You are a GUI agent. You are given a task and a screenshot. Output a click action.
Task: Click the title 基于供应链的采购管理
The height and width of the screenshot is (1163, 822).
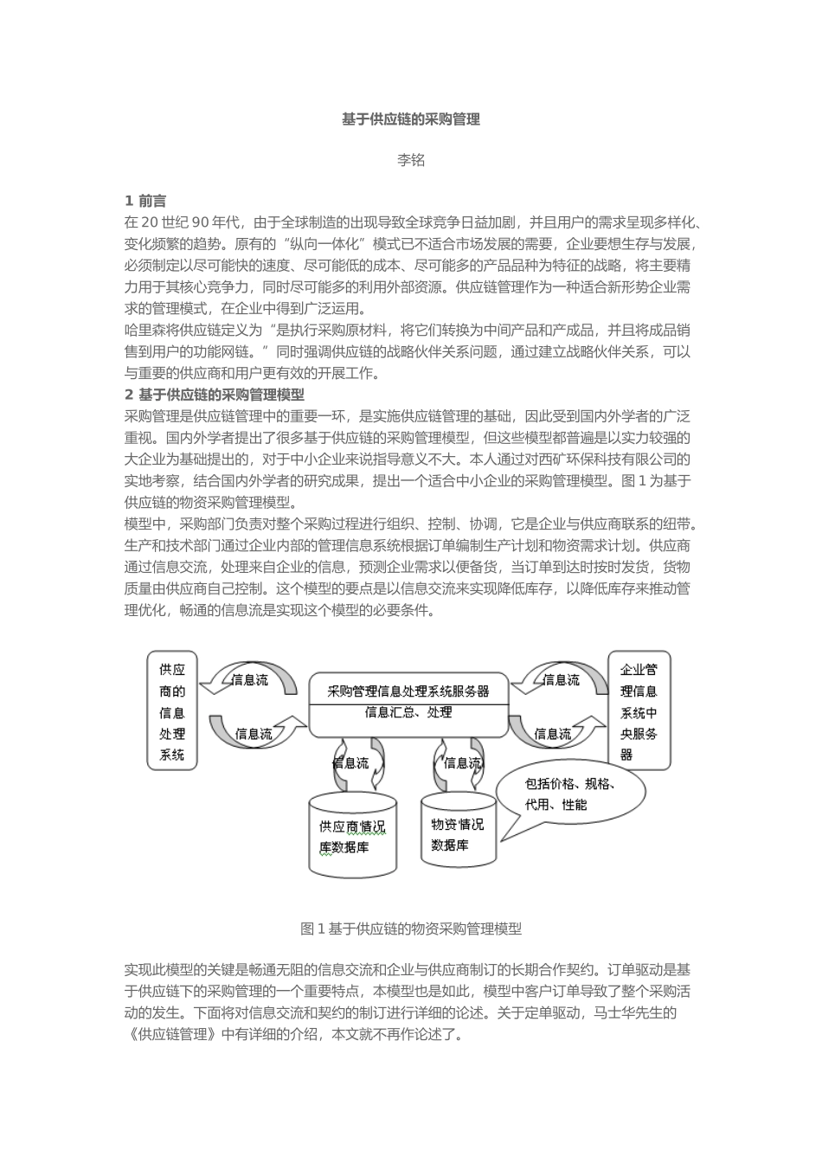410,119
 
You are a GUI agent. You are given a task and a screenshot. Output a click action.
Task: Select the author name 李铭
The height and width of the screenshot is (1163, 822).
410,161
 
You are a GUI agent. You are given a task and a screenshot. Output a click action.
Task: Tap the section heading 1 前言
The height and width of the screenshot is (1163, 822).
146,201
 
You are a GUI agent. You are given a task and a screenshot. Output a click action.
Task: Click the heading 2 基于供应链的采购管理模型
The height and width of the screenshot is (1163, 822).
215,395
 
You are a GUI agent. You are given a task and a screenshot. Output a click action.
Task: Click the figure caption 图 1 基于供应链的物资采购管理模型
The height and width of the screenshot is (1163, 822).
410,929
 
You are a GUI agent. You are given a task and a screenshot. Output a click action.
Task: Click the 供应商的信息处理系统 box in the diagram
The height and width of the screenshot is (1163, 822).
171,711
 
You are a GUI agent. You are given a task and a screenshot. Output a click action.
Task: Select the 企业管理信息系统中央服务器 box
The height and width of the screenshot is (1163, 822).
639,711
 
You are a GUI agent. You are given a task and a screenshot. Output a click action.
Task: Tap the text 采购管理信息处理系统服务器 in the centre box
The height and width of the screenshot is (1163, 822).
408,691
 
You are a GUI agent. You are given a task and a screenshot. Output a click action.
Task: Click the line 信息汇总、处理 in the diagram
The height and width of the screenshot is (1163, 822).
408,713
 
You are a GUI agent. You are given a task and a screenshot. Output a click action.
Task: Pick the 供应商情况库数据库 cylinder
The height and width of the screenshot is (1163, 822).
353,836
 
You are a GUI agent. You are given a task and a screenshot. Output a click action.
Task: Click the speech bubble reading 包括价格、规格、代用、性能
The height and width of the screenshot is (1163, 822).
571,794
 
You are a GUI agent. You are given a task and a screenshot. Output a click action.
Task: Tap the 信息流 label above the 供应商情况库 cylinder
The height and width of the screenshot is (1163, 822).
350,763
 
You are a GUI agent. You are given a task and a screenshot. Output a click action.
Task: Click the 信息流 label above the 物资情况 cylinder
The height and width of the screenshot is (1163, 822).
462,763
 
